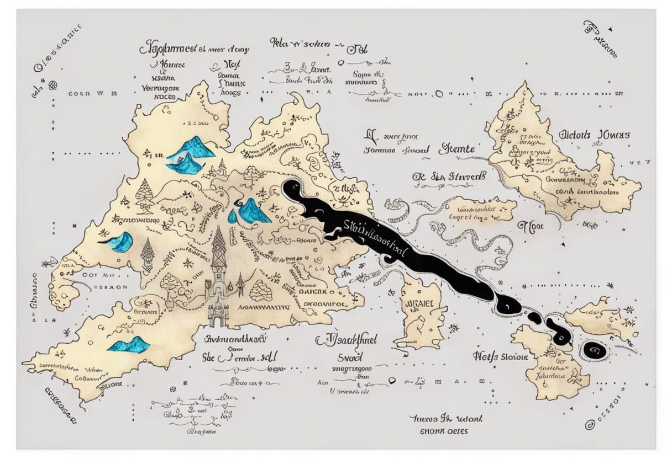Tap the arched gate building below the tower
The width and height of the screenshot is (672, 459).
[x=218, y=314]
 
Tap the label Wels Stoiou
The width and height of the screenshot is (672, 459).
[x=501, y=356]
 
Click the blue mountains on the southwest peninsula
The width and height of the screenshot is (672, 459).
[x=129, y=345]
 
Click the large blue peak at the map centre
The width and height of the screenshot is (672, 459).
[x=252, y=212]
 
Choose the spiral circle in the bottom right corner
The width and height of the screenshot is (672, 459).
[x=590, y=424]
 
